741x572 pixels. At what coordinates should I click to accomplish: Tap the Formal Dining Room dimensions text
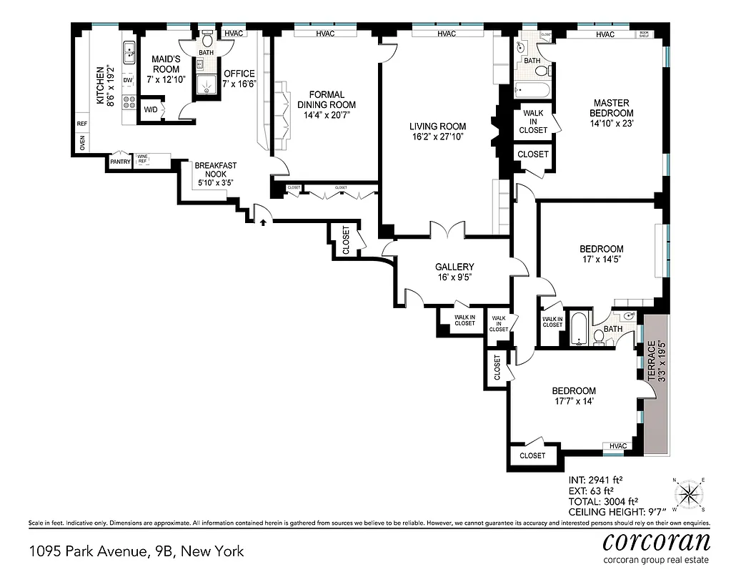(x=326, y=115)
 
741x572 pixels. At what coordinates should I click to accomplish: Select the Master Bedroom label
(x=611, y=108)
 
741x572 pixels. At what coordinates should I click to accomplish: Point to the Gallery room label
(x=454, y=267)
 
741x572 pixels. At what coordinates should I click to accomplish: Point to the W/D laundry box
(x=151, y=109)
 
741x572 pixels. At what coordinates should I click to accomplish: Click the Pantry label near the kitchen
(x=119, y=162)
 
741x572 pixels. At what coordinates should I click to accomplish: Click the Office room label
(x=239, y=74)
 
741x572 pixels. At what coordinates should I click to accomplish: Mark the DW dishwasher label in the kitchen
(x=128, y=80)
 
